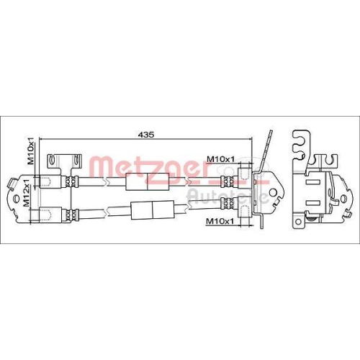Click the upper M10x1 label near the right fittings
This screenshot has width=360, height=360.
(x=220, y=159)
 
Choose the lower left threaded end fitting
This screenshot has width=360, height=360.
(x=47, y=213)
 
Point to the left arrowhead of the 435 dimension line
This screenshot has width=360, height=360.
(x=42, y=140)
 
